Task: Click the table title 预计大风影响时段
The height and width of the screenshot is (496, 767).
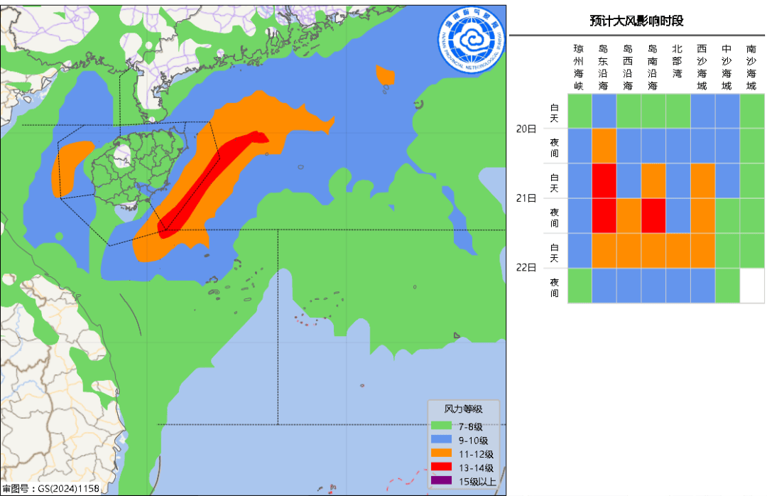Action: (636, 21)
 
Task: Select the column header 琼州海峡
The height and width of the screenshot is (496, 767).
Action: (579, 67)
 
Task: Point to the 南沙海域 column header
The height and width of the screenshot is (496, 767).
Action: (751, 67)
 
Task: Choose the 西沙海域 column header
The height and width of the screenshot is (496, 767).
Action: (702, 67)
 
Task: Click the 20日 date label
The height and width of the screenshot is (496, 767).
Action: (526, 129)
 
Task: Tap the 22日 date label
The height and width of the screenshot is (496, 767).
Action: (526, 268)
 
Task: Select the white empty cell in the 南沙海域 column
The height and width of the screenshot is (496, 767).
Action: (751, 286)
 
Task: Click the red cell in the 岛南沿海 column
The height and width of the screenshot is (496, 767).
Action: (653, 216)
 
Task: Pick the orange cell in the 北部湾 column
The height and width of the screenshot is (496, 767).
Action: (678, 251)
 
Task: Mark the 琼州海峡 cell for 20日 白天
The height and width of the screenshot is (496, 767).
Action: (579, 111)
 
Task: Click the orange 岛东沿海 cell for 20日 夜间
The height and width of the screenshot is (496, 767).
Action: (604, 146)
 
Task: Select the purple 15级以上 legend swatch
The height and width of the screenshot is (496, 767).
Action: (441, 481)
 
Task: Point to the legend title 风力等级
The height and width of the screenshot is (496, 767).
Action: (463, 409)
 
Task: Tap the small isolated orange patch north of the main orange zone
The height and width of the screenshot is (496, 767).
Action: (385, 75)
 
